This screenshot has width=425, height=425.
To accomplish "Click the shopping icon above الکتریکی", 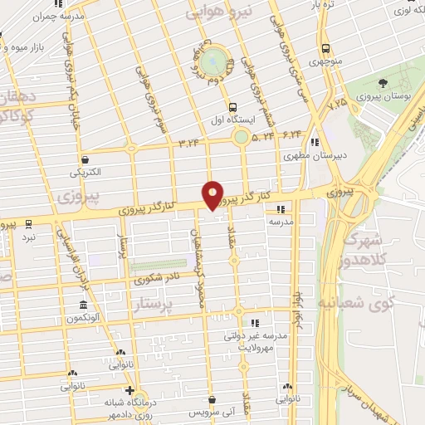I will tap(85, 159).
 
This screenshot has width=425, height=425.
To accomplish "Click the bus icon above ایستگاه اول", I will tap(232, 106).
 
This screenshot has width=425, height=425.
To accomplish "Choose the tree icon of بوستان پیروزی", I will tap(383, 83).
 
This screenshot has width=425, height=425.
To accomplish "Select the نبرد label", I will tap(29, 237).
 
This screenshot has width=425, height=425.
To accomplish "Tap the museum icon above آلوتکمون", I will tap(83, 305).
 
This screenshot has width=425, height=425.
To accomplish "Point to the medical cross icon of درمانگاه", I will tap(129, 389).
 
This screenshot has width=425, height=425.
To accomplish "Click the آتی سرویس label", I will tap(212, 413).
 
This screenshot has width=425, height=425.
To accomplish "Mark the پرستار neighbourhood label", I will tap(154, 307).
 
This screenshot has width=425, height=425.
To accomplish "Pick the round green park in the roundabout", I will tap(214, 60).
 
